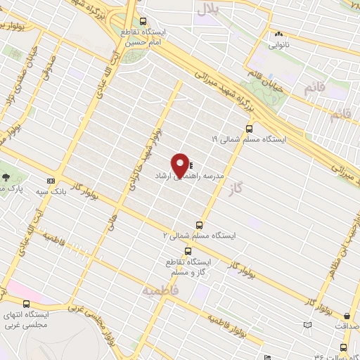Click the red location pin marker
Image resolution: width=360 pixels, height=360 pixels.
(181, 165)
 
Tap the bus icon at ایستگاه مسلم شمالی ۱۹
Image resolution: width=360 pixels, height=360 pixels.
(250, 128)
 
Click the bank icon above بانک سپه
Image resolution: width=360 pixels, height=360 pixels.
(50, 179)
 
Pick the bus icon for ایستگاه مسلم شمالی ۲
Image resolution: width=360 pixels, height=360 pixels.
(200, 225)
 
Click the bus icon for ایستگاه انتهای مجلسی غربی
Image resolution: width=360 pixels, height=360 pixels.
(26, 303)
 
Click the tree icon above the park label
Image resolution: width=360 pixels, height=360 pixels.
(6, 177)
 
